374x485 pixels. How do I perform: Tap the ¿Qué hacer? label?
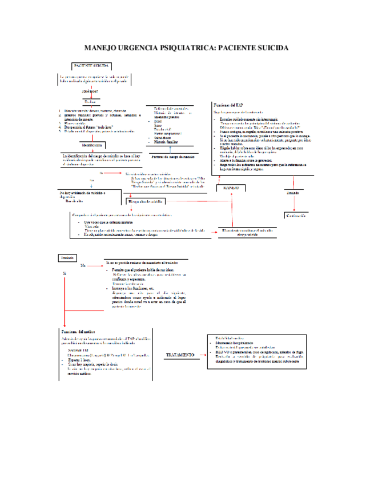coord(90,92)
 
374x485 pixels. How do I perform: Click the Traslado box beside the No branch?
coord(68,259)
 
